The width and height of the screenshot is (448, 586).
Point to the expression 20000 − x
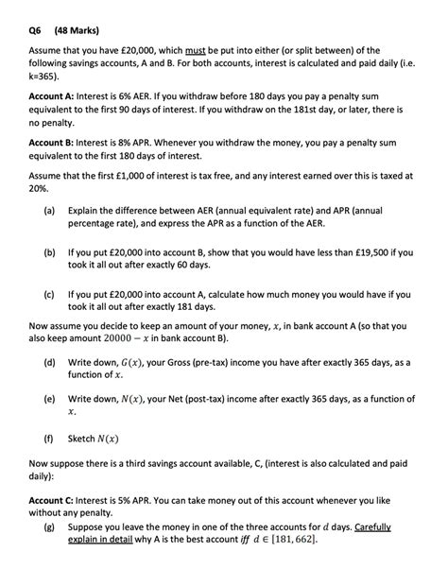pyautogui.click(x=129, y=338)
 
